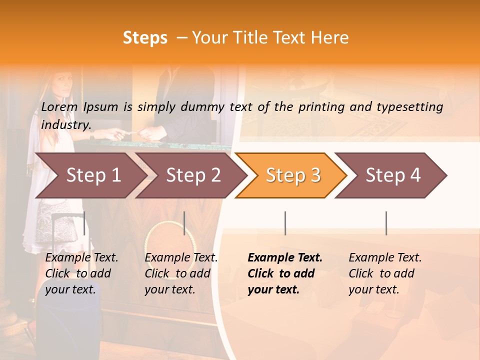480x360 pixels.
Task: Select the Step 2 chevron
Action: point(192,175)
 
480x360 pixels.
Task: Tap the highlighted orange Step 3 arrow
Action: point(292,175)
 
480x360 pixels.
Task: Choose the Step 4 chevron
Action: point(392,175)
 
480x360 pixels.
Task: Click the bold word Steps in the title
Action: point(145,38)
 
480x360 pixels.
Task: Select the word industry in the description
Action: point(65,124)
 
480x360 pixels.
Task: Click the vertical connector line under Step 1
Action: point(84,223)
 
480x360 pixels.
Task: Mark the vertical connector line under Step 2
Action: point(184,223)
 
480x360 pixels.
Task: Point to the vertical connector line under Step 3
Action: point(285,223)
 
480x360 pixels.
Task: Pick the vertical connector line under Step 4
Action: point(386,223)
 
